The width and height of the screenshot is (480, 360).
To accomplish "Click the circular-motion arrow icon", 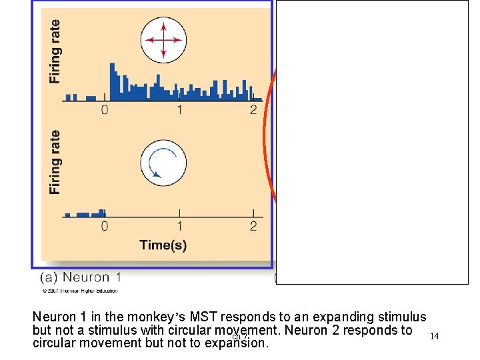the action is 163,163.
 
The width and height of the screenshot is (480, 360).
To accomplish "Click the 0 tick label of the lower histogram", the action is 105,227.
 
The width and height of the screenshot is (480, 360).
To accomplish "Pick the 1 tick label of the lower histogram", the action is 179,227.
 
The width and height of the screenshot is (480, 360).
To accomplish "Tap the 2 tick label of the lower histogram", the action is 253,227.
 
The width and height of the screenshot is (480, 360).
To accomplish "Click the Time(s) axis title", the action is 163,245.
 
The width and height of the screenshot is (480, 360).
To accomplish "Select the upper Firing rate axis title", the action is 55,51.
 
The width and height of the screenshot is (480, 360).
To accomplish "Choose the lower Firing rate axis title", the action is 55,163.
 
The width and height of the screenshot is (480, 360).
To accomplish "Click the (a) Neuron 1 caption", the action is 81,277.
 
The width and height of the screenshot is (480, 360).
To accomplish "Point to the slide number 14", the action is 435,337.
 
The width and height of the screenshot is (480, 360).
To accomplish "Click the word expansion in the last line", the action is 239,344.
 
